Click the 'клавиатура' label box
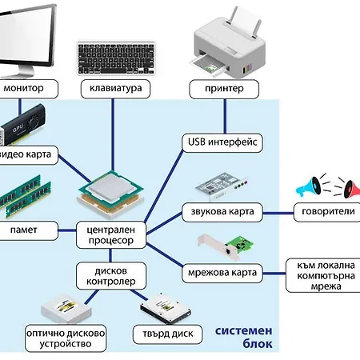coord(115,89)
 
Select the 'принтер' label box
coord(224,89)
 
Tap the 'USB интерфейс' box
coord(222,142)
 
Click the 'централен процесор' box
coord(111,235)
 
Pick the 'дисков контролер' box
coord(111,276)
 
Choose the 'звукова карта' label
coord(222,212)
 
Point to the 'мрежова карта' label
coord(222,273)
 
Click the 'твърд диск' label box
coord(168,334)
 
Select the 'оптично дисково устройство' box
coord(66,338)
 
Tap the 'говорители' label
coord(327,212)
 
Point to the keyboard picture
coord(116,58)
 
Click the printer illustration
coord(228,42)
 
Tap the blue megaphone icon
coord(309,186)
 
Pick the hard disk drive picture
coord(166,309)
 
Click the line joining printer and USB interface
coord(225,116)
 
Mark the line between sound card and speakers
coord(278,213)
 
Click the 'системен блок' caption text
coord(244,338)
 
